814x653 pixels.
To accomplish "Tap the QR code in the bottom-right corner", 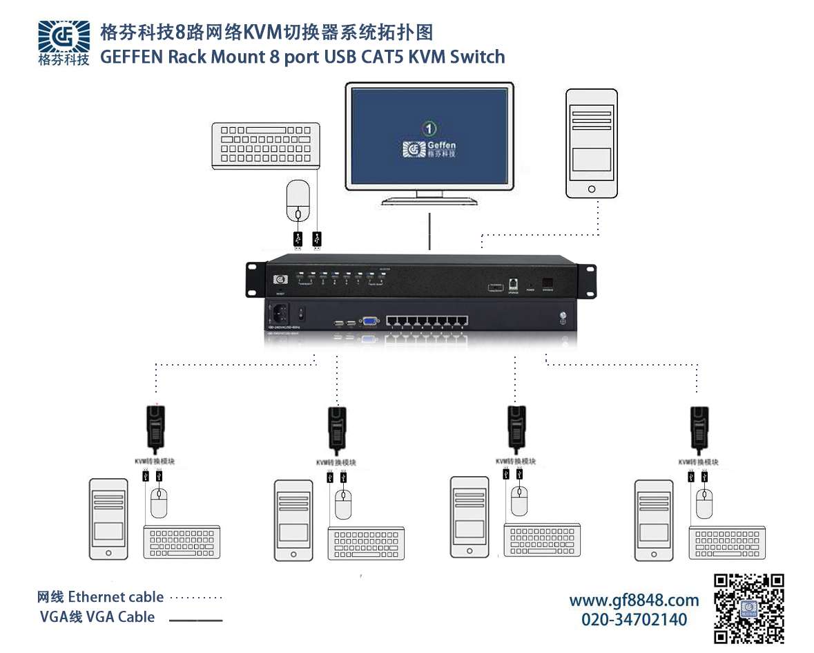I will point(748,608).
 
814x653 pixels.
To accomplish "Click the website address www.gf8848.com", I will point(634,600).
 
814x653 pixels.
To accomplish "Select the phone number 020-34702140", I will point(634,619).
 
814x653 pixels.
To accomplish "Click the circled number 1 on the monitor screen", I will point(429,128).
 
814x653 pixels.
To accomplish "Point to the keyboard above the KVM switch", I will point(266,144).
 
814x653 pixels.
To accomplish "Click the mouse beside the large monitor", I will point(298,200).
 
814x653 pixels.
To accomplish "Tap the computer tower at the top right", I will point(591,143).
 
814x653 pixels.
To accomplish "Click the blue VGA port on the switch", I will point(370,321).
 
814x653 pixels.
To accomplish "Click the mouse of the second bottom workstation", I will point(343,504).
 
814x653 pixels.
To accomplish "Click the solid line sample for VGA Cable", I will point(196,620).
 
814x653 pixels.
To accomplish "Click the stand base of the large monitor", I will point(430,201).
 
